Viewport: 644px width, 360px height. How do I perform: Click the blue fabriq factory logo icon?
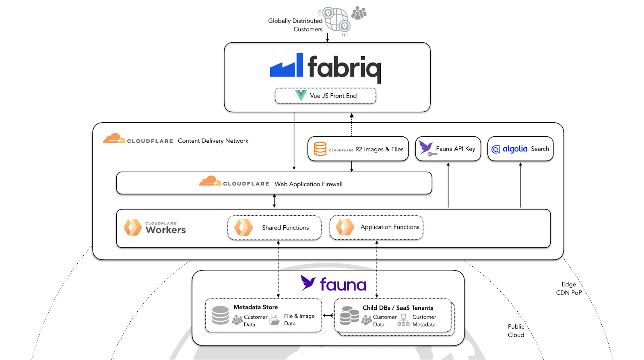click(x=286, y=65)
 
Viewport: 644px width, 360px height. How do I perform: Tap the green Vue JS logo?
click(x=301, y=95)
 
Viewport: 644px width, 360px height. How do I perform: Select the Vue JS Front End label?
click(x=333, y=96)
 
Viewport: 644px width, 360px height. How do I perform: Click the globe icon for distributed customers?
click(x=336, y=19)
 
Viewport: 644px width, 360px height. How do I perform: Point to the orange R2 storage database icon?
click(x=320, y=149)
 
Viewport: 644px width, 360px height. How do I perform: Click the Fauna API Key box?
click(x=448, y=149)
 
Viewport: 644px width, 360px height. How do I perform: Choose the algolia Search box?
click(x=520, y=149)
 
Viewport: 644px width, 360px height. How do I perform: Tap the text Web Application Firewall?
click(x=308, y=184)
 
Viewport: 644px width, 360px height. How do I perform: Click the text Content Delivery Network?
click(x=213, y=141)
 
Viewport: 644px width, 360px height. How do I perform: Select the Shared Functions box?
click(x=275, y=228)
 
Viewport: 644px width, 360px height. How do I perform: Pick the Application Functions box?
click(x=376, y=227)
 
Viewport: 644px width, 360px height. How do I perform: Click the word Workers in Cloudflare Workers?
click(x=166, y=230)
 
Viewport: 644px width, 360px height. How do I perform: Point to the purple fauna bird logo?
click(x=308, y=283)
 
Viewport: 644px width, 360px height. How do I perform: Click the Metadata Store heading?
click(x=256, y=307)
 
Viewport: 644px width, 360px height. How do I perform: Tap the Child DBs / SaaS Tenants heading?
click(x=398, y=308)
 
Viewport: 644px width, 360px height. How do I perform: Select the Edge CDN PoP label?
click(x=569, y=288)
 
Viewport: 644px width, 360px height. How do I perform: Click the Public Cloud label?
click(x=516, y=331)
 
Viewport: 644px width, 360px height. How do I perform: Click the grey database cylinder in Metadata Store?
click(x=220, y=315)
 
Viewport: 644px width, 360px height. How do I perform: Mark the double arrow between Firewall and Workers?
click(x=274, y=201)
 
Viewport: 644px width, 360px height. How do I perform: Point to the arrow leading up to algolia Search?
click(x=520, y=185)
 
